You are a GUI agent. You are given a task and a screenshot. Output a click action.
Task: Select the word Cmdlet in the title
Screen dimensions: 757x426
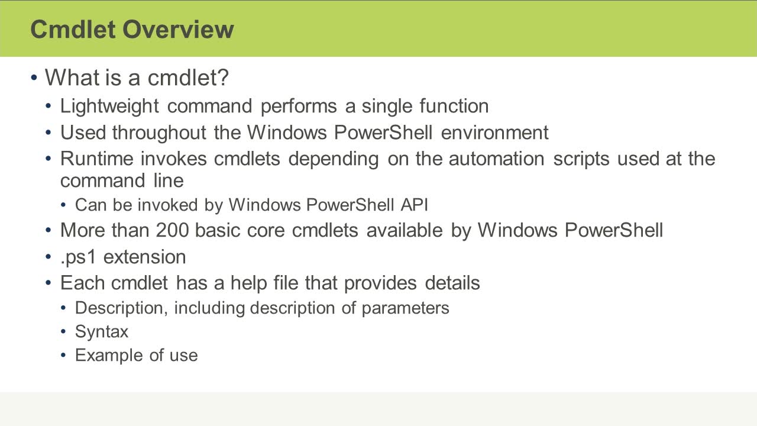(x=73, y=29)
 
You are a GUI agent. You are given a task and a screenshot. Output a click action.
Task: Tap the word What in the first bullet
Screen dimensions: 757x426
(x=72, y=77)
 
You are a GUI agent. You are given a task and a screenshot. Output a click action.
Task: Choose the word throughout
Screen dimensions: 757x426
(x=159, y=133)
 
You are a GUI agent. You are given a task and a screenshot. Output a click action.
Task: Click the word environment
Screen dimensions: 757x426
(x=495, y=133)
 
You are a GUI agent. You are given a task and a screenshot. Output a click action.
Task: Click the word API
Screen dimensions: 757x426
(x=415, y=205)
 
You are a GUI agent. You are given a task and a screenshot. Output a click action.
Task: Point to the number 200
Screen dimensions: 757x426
(x=172, y=230)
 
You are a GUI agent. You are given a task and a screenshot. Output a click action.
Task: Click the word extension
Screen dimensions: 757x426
(x=145, y=257)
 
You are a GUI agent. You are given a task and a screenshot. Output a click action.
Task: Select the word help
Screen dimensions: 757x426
(x=249, y=283)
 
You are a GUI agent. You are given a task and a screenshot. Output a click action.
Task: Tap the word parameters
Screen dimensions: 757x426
(x=406, y=308)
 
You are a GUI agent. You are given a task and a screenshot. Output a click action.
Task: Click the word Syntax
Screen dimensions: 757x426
(x=102, y=331)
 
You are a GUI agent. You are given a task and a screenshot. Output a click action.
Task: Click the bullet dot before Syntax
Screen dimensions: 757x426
(x=63, y=332)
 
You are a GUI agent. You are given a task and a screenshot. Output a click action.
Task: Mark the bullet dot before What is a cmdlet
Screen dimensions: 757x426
(x=34, y=78)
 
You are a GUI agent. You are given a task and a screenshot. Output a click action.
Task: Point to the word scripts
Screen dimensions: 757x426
(x=581, y=159)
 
